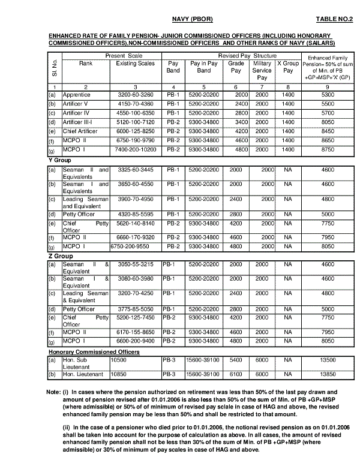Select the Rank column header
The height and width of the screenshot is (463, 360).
[x=86, y=63]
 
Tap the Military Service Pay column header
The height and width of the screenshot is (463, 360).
[x=262, y=70]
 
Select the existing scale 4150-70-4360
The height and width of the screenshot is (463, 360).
[x=135, y=103]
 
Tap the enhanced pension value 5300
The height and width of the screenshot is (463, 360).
[x=328, y=95]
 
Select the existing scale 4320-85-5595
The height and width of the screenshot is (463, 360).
[x=135, y=214]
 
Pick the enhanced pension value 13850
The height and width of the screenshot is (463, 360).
[x=328, y=374]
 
